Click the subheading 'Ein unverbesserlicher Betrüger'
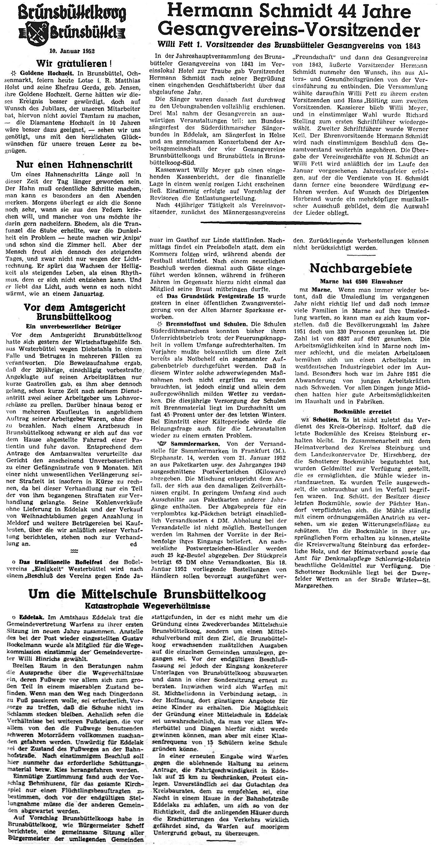coord(74,326)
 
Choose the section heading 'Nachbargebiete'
coord(361,268)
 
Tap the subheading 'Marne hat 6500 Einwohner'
coord(361,282)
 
